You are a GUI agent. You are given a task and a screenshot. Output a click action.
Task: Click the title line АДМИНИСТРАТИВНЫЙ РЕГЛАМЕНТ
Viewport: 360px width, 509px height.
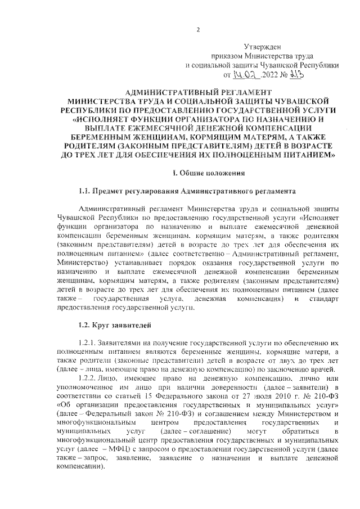pyautogui.click(x=198, y=91)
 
